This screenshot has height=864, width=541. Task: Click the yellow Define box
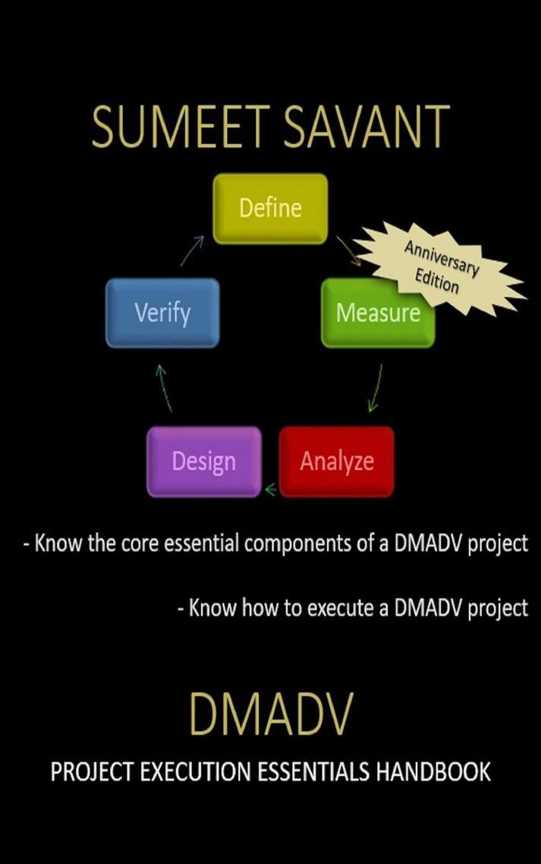pyautogui.click(x=270, y=208)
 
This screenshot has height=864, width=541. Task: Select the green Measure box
pyautogui.click(x=377, y=313)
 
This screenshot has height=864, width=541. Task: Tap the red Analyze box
pyautogui.click(x=336, y=462)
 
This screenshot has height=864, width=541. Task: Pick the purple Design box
pyautogui.click(x=203, y=462)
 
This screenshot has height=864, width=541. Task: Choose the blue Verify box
pyautogui.click(x=162, y=312)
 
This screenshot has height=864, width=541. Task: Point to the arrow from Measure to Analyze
pyautogui.click(x=374, y=388)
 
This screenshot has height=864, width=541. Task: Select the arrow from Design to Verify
pyautogui.click(x=164, y=387)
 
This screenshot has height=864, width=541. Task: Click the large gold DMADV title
pyautogui.click(x=270, y=714)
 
